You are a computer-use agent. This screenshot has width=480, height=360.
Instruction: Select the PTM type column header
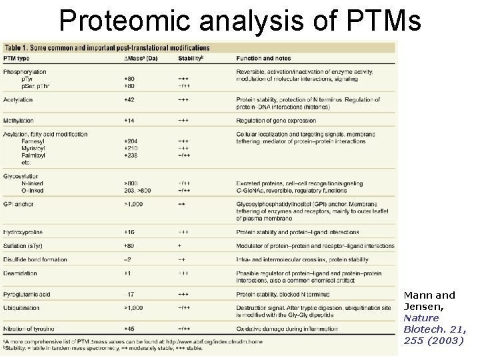(x=20, y=59)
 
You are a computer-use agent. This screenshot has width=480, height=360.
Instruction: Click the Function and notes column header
(x=265, y=59)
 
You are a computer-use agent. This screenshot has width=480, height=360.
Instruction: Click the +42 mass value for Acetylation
(x=129, y=100)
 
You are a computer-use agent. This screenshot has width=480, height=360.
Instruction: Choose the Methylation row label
(x=19, y=121)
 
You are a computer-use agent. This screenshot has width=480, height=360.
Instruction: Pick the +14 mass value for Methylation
(x=129, y=121)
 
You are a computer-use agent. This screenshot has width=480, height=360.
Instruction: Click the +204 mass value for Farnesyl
(x=131, y=141)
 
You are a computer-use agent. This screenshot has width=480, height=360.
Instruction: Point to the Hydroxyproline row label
(x=24, y=232)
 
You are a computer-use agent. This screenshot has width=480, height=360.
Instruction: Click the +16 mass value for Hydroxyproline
(x=129, y=232)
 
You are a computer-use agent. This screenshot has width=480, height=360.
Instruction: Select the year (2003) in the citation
(x=447, y=341)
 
